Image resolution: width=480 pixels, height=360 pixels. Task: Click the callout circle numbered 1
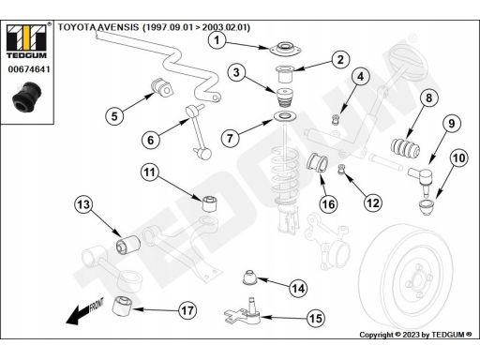(x=217, y=40)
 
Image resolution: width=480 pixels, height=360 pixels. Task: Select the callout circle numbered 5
(x=114, y=116)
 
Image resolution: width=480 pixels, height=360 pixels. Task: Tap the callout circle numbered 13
(x=83, y=204)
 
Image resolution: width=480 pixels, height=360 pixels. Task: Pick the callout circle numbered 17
(x=187, y=310)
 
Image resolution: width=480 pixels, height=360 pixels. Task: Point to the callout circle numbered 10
(x=458, y=157)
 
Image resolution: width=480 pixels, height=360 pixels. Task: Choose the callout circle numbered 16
(x=328, y=204)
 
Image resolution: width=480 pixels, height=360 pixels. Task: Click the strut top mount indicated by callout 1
(x=284, y=50)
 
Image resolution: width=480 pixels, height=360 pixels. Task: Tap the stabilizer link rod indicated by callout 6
(x=199, y=130)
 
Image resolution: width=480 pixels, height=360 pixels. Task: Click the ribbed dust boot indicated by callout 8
(x=406, y=148)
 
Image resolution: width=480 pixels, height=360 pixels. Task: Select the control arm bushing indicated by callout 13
(x=128, y=245)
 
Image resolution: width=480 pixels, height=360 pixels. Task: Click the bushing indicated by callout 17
(x=122, y=307)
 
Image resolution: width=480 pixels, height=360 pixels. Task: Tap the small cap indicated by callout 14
(x=249, y=277)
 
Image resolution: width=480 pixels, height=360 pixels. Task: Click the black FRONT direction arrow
(x=84, y=311)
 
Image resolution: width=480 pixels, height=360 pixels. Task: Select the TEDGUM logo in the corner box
(x=26, y=41)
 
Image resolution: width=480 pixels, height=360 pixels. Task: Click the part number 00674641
(x=29, y=69)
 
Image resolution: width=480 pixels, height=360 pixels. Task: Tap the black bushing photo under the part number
(x=27, y=97)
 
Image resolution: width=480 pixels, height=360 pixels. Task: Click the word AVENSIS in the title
(x=117, y=27)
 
